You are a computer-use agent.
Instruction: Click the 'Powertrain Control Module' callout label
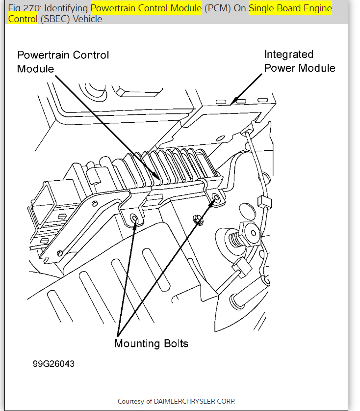click(x=63, y=61)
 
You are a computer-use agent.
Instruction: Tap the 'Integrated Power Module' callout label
click(x=299, y=61)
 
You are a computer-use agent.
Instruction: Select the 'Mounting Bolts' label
click(x=151, y=343)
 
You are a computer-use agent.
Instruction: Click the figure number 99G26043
click(x=53, y=364)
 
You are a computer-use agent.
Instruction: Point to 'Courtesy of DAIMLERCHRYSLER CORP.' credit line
click(x=176, y=401)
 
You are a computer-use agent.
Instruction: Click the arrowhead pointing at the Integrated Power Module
click(x=234, y=100)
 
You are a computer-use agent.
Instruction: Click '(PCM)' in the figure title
click(x=218, y=8)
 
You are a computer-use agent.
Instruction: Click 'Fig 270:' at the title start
click(x=22, y=8)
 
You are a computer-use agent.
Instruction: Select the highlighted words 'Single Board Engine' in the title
click(x=290, y=8)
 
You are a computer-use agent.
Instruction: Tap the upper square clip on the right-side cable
click(x=265, y=202)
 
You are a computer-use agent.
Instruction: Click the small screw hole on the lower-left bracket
click(x=59, y=253)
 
